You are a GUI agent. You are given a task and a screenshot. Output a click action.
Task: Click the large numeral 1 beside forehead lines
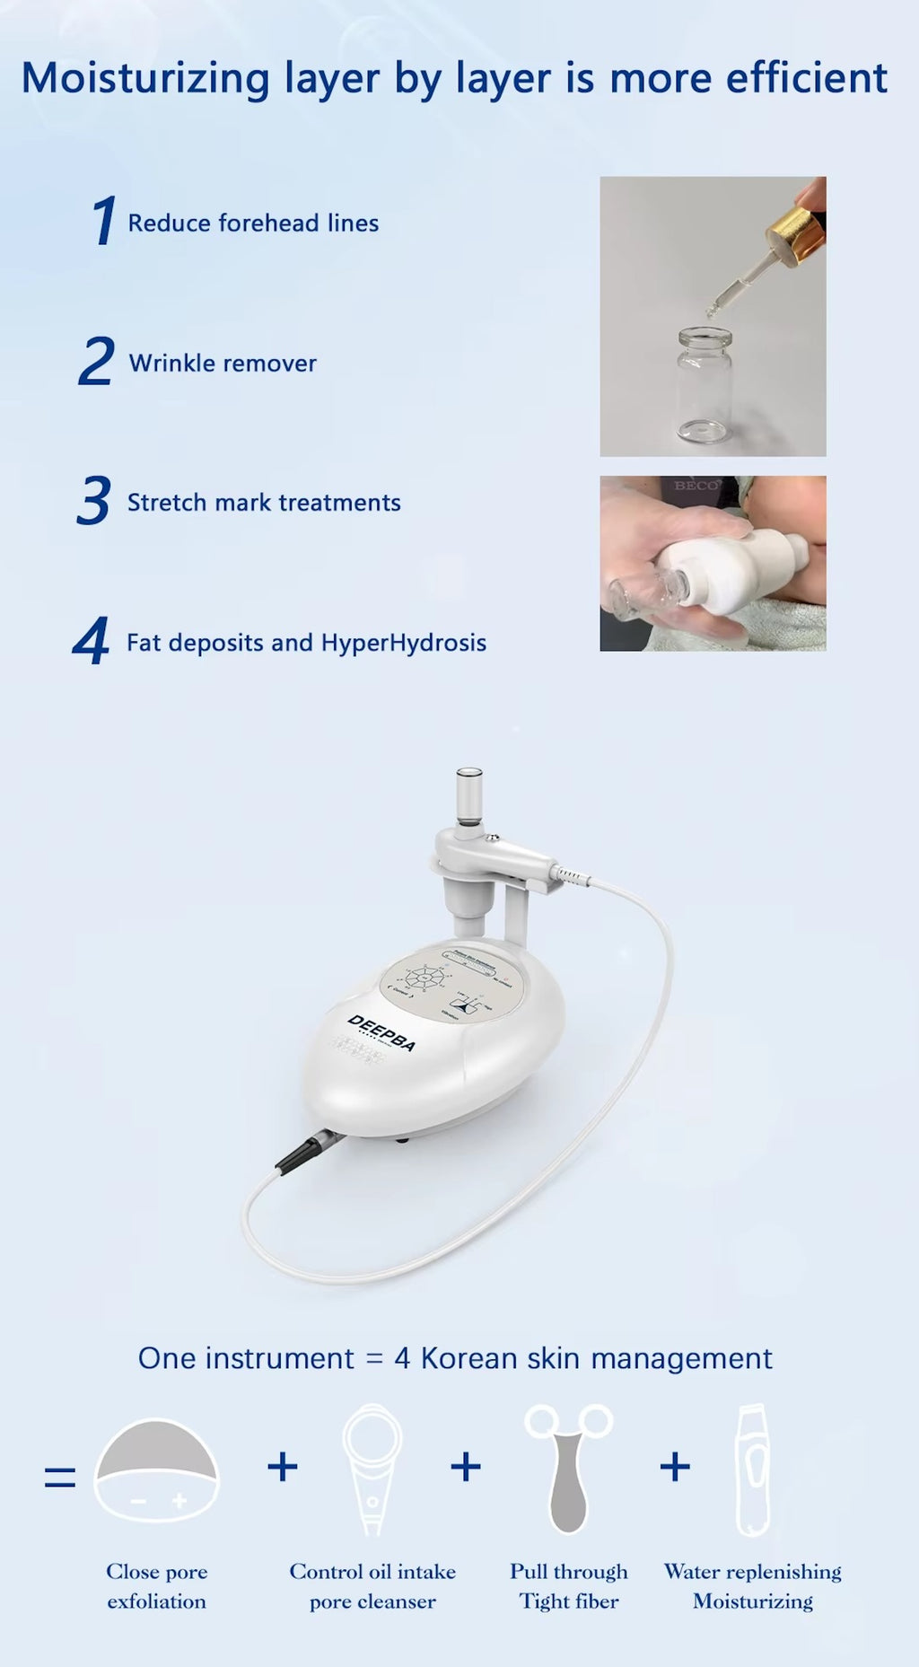tap(104, 221)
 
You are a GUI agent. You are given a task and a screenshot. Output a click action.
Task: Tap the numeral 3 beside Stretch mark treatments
tap(93, 501)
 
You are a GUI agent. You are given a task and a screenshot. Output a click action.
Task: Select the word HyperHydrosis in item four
tap(403, 643)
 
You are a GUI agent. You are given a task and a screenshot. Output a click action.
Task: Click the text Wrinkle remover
tap(223, 363)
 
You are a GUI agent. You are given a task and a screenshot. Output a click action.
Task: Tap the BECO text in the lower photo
tap(696, 486)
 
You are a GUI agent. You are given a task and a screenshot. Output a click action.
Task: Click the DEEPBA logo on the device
tap(382, 1033)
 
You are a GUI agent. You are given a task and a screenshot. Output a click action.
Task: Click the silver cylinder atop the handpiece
tap(468, 794)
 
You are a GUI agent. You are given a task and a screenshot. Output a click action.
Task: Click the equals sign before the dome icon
tap(60, 1477)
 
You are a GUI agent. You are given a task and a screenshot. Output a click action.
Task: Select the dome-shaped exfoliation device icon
tap(157, 1470)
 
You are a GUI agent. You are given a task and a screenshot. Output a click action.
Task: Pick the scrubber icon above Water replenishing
tap(753, 1470)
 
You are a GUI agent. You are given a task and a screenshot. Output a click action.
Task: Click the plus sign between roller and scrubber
tap(675, 1468)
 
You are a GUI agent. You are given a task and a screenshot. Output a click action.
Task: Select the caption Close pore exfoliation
tap(157, 1586)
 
